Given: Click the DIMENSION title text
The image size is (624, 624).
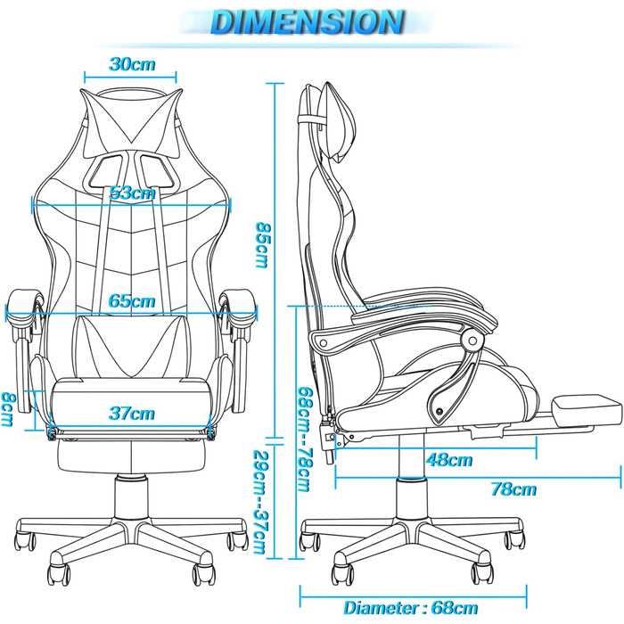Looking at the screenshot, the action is pos(308,22).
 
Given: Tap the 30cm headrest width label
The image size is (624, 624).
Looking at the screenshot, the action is pos(132,64).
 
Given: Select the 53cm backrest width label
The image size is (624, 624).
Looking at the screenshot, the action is pos(132,193).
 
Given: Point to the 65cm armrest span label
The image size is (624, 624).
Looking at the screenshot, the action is pos(132,301).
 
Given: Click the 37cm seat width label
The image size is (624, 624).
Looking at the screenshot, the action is pos(132,414).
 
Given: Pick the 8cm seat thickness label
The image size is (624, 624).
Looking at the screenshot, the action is pos(8,409).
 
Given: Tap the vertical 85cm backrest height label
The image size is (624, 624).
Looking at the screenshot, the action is pos(262,244).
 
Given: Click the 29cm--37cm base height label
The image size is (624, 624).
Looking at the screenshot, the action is pos(260,502).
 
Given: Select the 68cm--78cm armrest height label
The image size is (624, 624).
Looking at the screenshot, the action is pos(305,439).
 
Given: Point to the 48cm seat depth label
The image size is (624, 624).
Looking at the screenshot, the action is pos(449,460).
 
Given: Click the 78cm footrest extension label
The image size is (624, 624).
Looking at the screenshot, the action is pos(513,489).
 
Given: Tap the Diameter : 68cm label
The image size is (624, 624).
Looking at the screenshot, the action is pos(411,608).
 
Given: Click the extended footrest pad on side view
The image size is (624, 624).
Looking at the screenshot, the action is pos(587,410).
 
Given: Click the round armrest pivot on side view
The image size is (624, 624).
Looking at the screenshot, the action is pos(472,341).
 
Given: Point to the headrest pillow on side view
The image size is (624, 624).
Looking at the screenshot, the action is pos(338,122).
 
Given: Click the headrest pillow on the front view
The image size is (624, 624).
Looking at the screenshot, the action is pos(131,115).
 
